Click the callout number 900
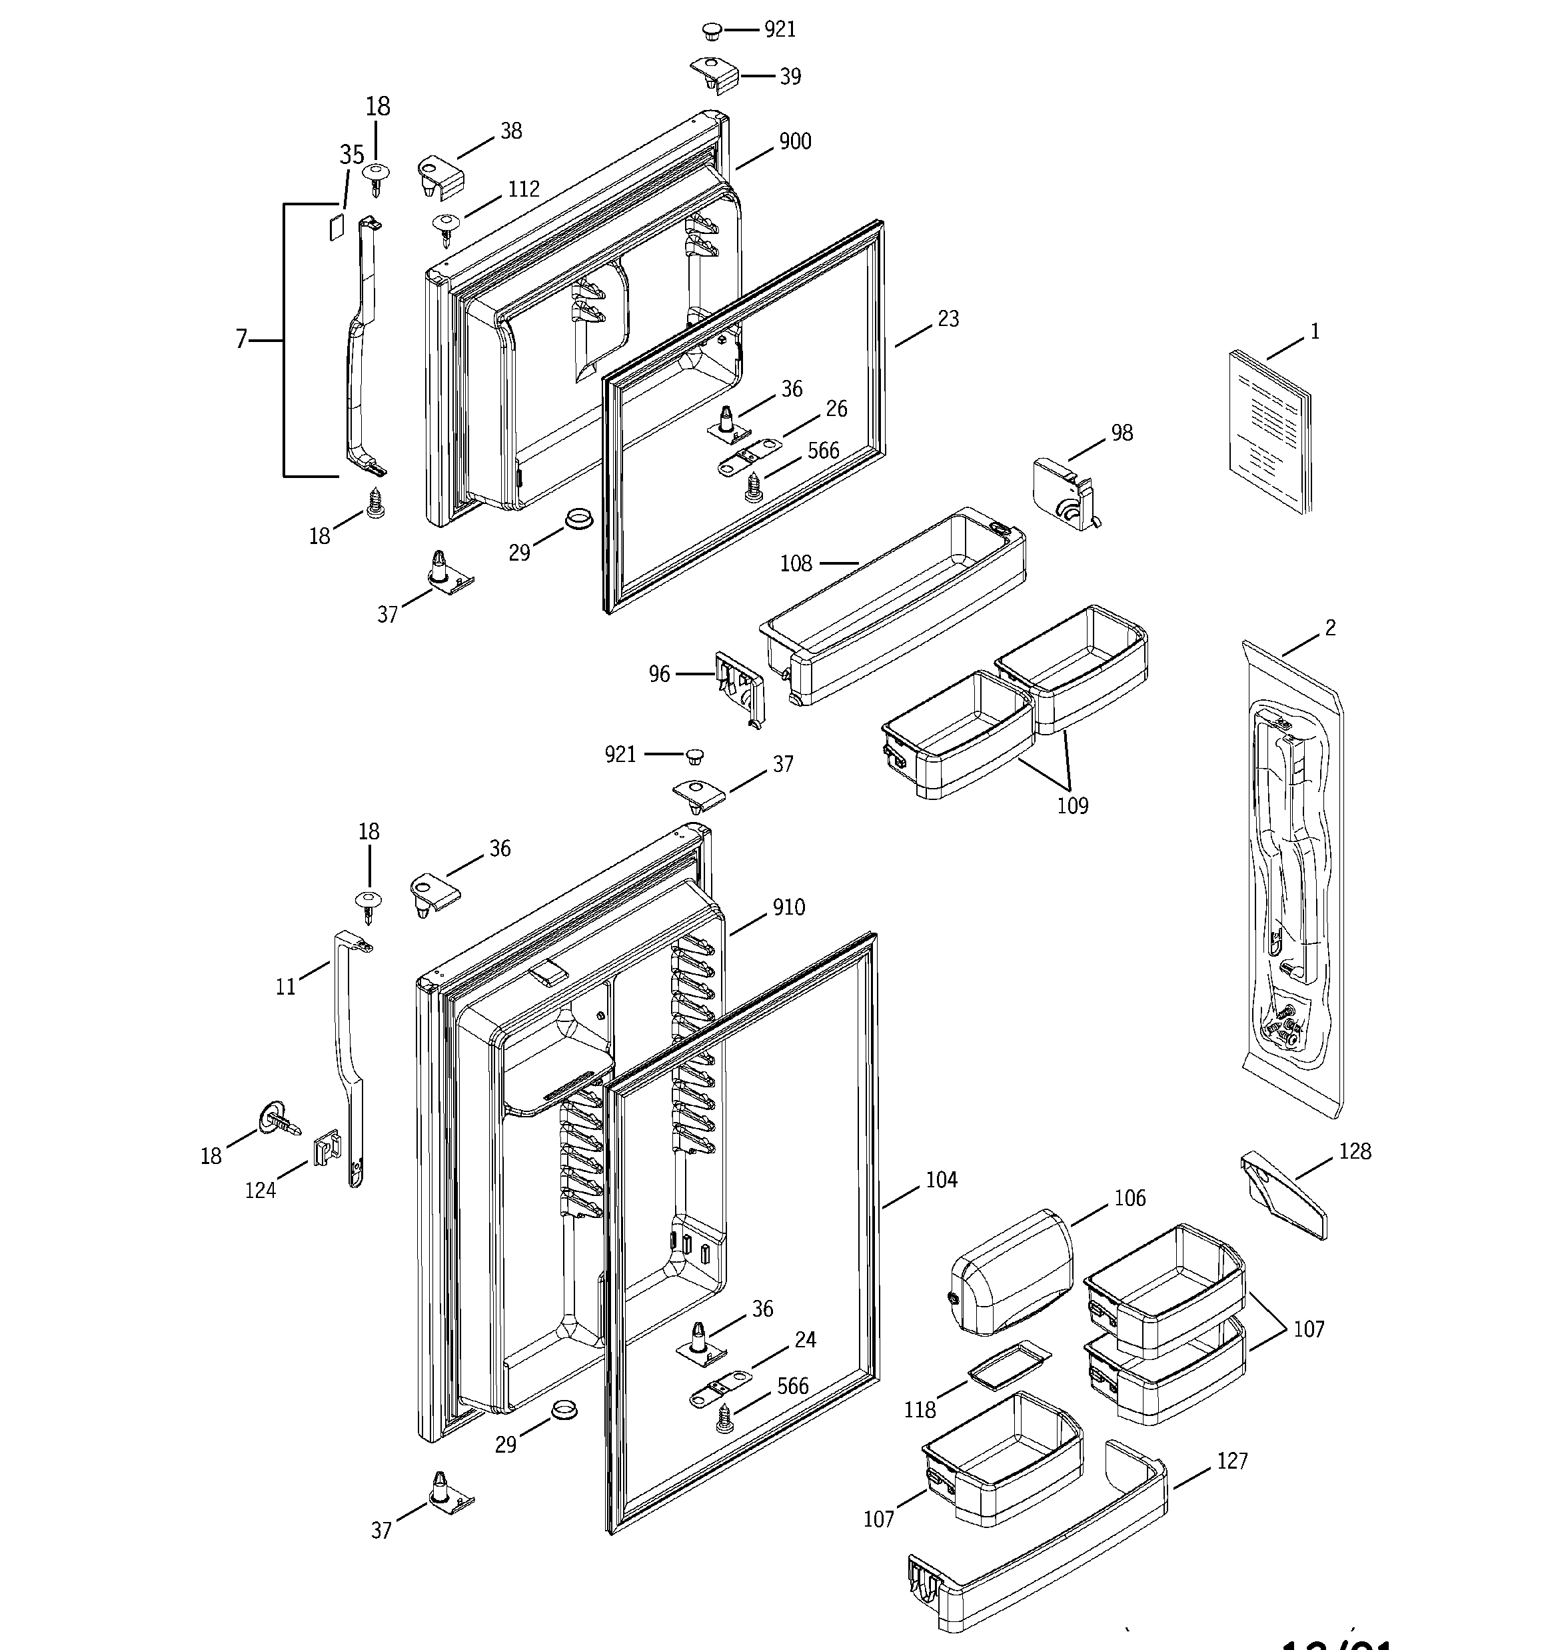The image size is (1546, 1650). (x=794, y=142)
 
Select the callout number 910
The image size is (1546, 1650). (x=788, y=907)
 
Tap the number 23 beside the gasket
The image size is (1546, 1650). (x=948, y=319)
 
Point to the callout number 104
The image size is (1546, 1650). (x=941, y=1179)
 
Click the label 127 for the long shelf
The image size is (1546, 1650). (x=1231, y=1460)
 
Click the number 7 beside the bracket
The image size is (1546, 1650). (x=241, y=339)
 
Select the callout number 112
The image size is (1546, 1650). (x=524, y=189)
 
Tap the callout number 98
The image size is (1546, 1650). (x=1121, y=433)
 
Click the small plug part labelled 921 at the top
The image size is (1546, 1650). (x=710, y=31)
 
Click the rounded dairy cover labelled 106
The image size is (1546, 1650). (x=1012, y=1271)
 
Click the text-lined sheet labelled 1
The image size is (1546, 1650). (x=1269, y=429)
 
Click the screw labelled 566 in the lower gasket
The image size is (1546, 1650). (x=724, y=1419)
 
